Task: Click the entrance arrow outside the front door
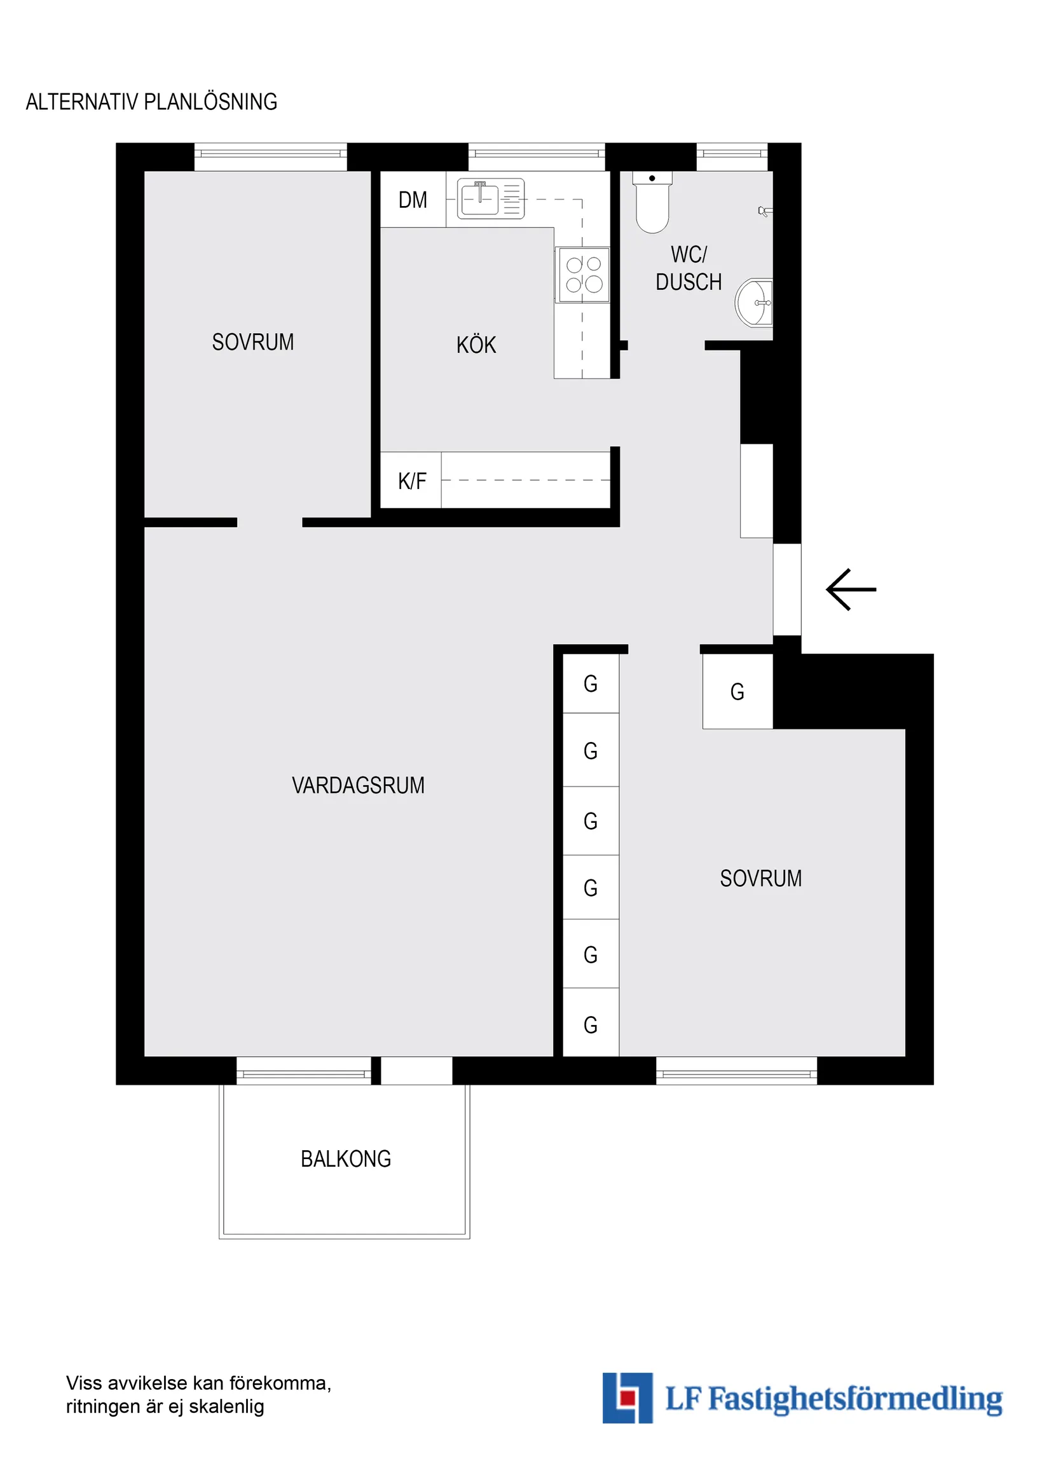(x=851, y=589)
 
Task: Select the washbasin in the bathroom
(x=755, y=303)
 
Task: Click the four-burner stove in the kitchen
(x=584, y=274)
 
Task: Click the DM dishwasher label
(x=413, y=200)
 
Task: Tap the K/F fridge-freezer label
(x=412, y=481)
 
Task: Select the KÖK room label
(x=476, y=345)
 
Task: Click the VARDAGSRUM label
(x=358, y=785)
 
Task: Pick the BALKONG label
(x=346, y=1159)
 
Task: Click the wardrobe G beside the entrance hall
(x=737, y=692)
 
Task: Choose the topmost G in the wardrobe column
(x=590, y=684)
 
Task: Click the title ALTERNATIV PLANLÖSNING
(x=151, y=102)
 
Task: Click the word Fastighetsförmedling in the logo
(x=855, y=1399)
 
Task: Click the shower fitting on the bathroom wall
(x=764, y=210)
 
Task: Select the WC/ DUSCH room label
(x=689, y=268)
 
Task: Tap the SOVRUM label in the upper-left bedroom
(x=253, y=342)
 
